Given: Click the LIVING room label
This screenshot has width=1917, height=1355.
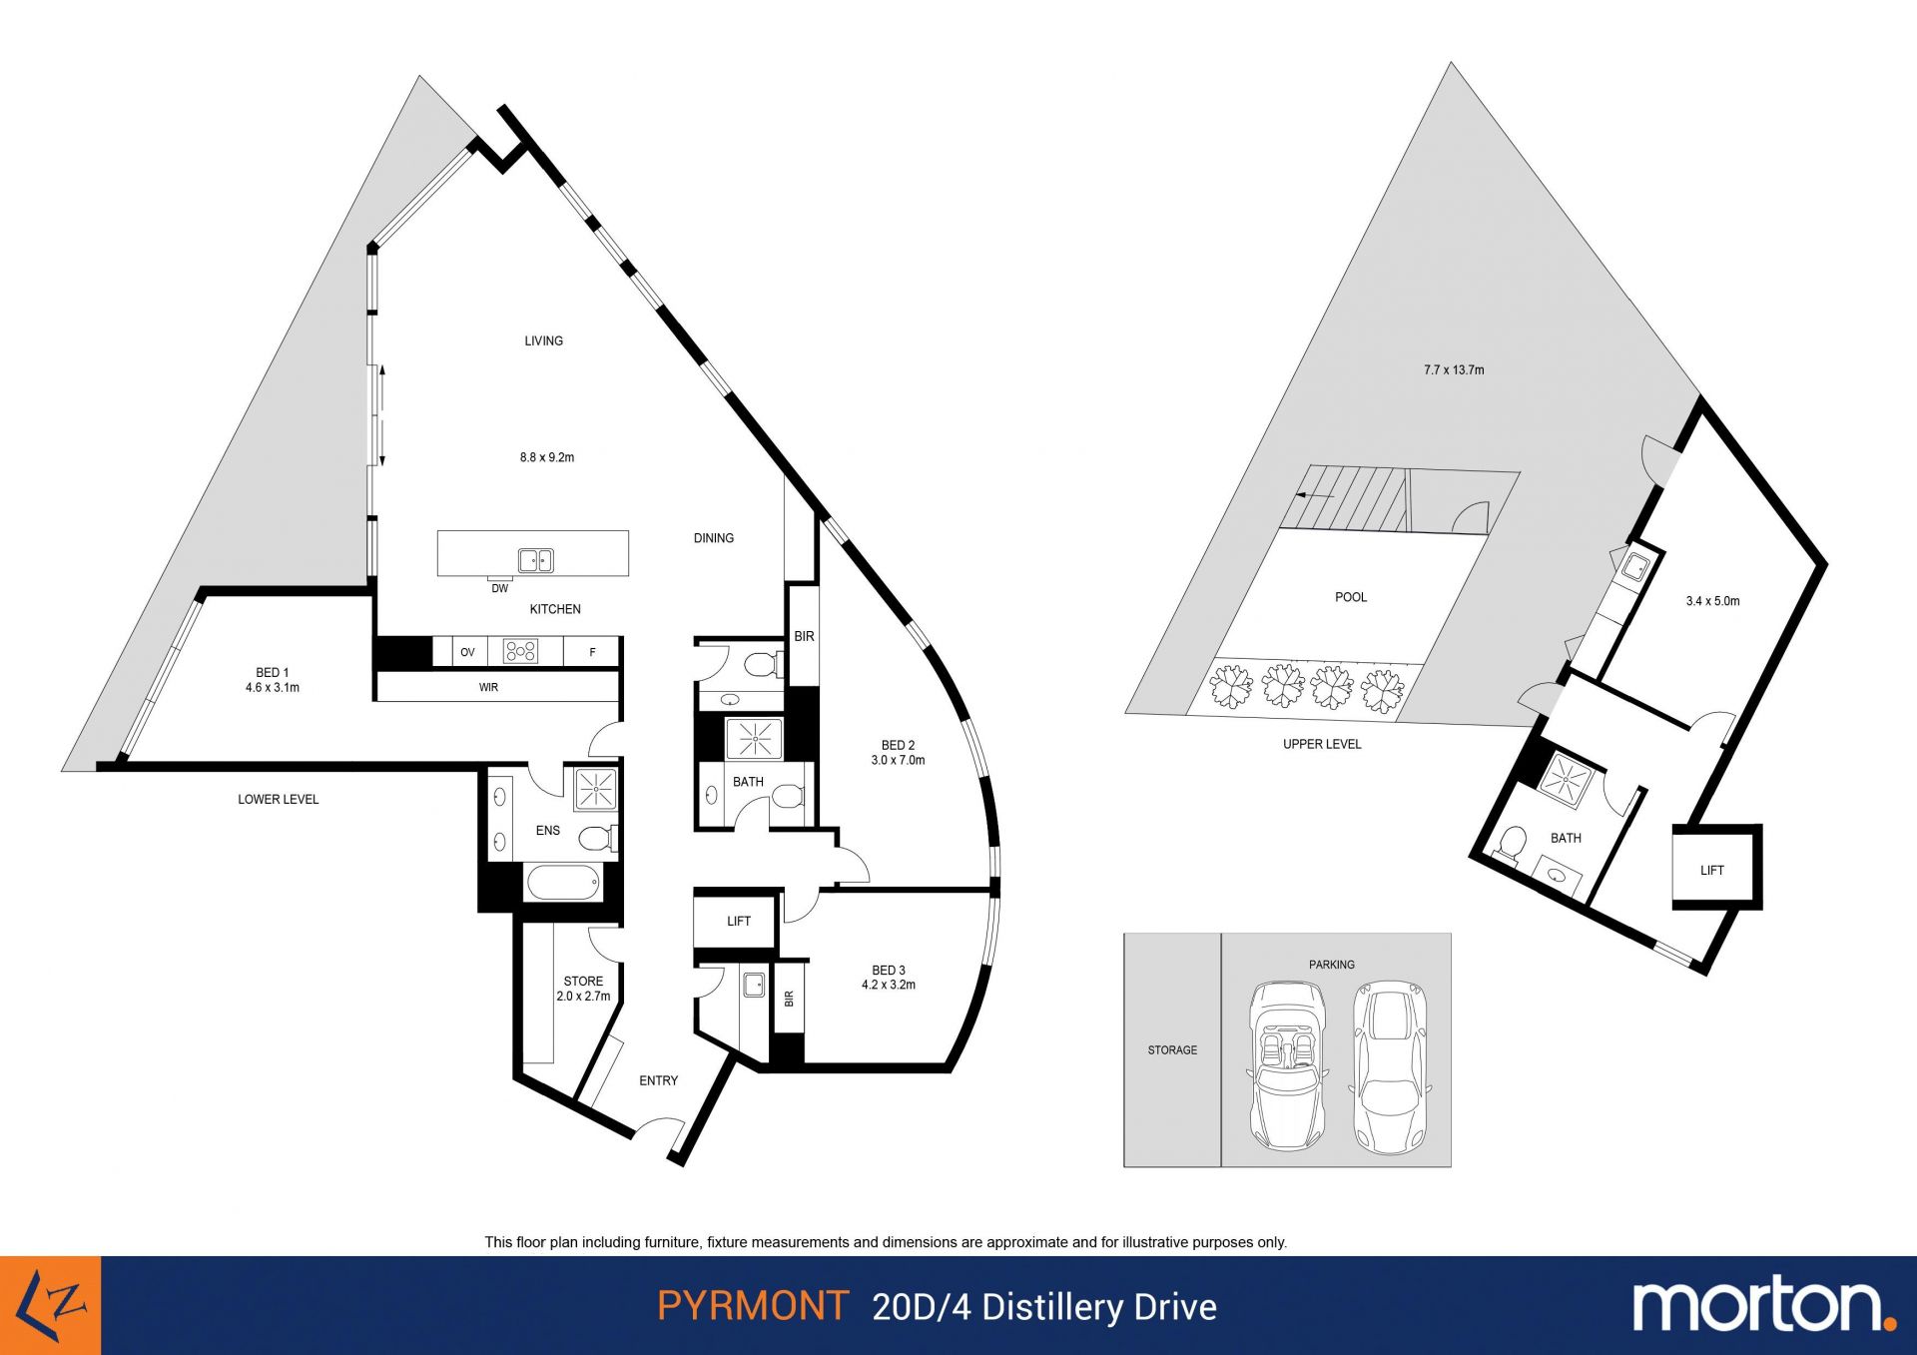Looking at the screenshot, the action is [543, 340].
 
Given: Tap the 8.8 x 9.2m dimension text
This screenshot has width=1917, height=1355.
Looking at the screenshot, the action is [546, 457].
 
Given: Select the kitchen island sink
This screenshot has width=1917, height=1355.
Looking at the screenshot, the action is [535, 560].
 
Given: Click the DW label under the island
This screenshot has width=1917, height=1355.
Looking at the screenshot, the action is [499, 588].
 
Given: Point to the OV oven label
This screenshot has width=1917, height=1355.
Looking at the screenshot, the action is [467, 652].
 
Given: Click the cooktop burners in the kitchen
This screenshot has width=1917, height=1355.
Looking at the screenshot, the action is [520, 652].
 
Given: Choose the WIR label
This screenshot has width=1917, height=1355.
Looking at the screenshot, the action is [488, 687].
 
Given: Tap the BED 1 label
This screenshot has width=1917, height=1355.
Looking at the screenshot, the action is [272, 673].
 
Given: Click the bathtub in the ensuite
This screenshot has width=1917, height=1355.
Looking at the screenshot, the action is [563, 883].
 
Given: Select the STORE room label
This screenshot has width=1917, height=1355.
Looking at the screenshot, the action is [583, 982].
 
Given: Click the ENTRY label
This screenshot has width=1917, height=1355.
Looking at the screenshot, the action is [658, 1080].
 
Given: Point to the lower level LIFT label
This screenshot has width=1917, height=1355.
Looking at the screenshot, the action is [739, 921].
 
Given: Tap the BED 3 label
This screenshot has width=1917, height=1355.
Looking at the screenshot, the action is [889, 970].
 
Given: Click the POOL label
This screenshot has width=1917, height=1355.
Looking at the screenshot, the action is [1351, 597].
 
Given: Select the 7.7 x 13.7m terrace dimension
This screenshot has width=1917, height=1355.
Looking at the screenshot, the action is [1454, 369].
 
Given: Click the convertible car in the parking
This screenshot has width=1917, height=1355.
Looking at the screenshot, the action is [1289, 1065].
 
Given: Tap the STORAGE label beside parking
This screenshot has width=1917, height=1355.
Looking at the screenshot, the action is [1172, 1049].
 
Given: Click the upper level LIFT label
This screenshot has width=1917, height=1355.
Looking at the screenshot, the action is [1712, 870].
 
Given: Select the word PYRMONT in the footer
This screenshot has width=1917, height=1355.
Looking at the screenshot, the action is [753, 1306].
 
